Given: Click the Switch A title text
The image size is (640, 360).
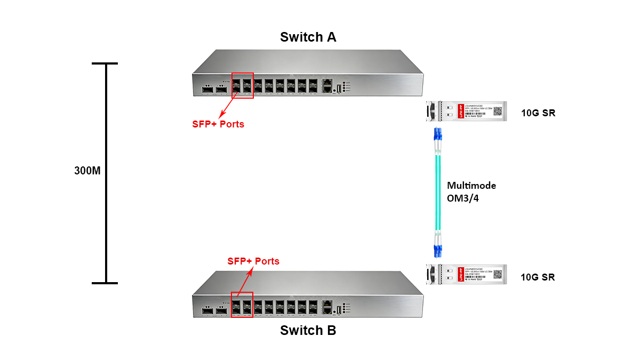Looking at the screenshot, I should click(x=308, y=37).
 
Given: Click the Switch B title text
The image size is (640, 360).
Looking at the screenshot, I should click(x=308, y=331).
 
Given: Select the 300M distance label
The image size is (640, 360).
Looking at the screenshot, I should click(x=87, y=172).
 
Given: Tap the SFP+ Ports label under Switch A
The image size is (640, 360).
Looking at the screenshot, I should click(x=218, y=124).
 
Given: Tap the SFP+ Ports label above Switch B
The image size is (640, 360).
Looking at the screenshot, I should click(x=253, y=261).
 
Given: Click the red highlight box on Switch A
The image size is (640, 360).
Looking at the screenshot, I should click(x=242, y=85).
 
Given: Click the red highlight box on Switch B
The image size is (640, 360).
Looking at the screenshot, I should click(x=242, y=304).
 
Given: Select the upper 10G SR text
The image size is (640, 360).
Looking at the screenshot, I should click(x=538, y=113).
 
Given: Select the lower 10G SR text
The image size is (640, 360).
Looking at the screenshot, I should click(x=538, y=277).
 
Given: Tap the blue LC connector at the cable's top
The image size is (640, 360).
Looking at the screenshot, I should click(x=437, y=135).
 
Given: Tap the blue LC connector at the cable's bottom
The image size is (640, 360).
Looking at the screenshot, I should click(x=437, y=247).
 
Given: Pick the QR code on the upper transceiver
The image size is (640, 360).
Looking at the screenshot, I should click(x=497, y=111).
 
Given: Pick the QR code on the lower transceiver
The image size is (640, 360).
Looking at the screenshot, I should click(x=497, y=275).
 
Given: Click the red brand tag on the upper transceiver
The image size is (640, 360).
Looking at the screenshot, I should click(x=460, y=111).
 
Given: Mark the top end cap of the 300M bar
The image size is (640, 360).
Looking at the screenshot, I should click(x=105, y=64).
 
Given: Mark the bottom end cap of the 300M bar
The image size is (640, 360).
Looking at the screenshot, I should click(x=105, y=283).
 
